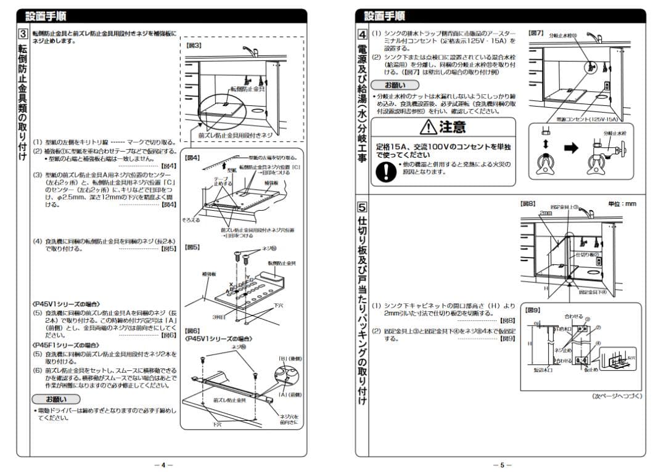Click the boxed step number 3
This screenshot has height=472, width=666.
pos(22,35)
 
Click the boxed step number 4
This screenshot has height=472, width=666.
pos(363,35)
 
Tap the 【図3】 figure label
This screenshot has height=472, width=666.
pos(194,46)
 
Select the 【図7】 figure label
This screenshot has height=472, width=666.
pos(535,33)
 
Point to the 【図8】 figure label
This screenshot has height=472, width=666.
pos(528,203)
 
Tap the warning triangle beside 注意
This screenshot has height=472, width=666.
pos(426,128)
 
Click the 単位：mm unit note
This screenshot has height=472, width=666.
pos(621,203)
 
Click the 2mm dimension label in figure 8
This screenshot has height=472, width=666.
pos(545,213)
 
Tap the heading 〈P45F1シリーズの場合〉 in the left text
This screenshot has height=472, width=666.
pos(65,345)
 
